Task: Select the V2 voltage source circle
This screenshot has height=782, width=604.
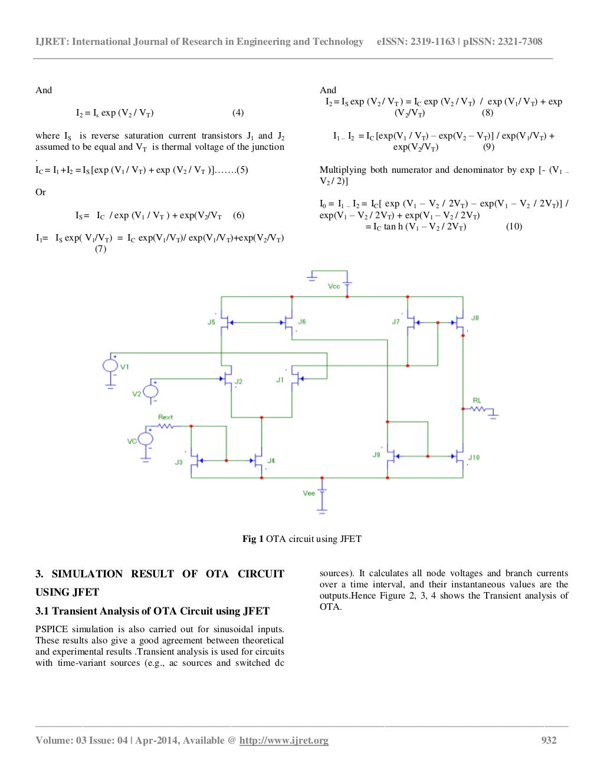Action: [151, 391]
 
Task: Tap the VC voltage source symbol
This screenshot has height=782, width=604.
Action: [145, 438]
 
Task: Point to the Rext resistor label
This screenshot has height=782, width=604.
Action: [165, 417]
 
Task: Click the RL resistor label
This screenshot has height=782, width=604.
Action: [477, 400]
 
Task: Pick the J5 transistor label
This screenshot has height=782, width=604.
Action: [211, 322]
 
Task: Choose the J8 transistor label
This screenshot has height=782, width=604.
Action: [475, 318]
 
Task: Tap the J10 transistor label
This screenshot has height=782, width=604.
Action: [474, 457]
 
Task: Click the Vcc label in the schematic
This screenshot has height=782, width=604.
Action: [334, 286]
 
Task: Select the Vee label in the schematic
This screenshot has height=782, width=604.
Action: [308, 493]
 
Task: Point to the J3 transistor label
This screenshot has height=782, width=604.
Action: [178, 462]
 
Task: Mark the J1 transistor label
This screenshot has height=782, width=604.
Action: [280, 380]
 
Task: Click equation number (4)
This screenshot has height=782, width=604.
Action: [238, 113]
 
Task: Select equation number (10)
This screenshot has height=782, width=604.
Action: [514, 226]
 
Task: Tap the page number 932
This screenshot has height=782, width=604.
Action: [549, 740]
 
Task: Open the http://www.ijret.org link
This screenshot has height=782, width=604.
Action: [284, 741]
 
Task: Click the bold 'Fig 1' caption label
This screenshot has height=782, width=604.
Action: [252, 539]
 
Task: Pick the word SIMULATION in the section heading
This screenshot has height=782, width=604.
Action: [87, 574]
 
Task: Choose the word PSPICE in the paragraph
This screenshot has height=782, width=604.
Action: [50, 629]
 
